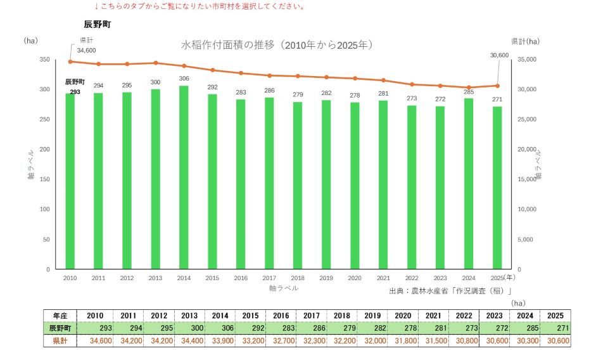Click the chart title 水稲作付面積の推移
227,45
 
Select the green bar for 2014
184,177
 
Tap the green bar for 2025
497,188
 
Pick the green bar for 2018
298,186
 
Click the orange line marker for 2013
156,63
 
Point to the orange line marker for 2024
469,87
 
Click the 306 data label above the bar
184,79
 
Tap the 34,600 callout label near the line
86,51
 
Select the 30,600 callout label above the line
500,56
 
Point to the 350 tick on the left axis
44,60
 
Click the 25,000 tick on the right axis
527,120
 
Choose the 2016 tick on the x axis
241,278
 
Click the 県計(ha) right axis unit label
525,41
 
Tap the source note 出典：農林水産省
450,291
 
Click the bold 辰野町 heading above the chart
98,25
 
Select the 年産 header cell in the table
60,316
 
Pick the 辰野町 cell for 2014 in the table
220,328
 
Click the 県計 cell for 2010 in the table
96,341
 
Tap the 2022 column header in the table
464,316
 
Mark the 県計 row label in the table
60,341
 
